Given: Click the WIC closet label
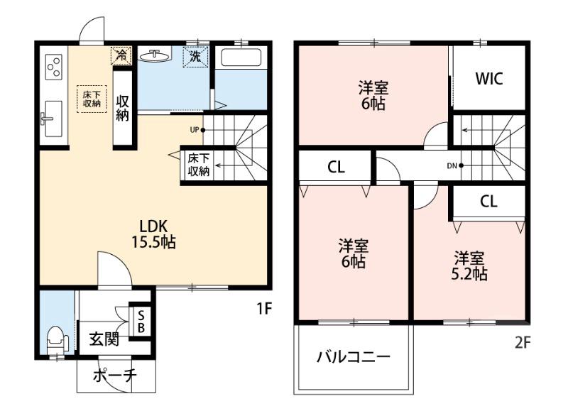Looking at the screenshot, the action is pos(489,79).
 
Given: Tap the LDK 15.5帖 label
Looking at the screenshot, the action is pos(153,234).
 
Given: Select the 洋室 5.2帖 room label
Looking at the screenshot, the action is pos(469,266).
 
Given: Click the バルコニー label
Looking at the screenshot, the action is pos(354,357).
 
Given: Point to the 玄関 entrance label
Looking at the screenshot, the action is pos(104,339).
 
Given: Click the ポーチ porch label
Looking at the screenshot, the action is pos(115,376).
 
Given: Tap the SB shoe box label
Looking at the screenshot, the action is pos(141,322).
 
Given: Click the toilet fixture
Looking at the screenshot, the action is pos(58,339).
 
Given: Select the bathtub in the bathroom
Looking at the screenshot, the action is pos(241,58).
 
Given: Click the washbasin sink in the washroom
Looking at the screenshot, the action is pos(155,56).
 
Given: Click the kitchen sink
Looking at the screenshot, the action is pos(52,119).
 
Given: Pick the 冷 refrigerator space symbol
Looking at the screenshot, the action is pos(121,55).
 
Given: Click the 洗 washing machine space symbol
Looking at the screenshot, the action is pos(196,57).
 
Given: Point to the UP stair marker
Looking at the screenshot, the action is pos(198,130).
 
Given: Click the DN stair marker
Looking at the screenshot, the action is pos(455,166).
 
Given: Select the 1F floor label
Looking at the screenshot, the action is pos(264,309).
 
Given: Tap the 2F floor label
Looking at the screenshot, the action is pos(523,342).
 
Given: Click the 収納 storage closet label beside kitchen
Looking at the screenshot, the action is pos(122,107).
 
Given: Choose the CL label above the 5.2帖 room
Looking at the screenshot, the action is pos(488,202).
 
